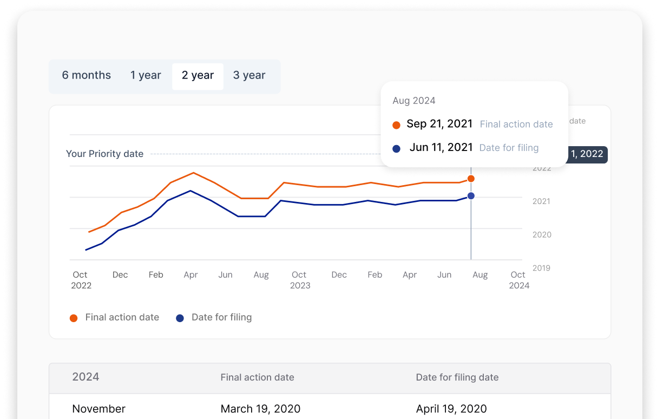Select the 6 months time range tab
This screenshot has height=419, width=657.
(87, 76)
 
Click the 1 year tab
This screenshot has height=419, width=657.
(146, 76)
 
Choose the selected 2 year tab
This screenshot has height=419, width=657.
(198, 76)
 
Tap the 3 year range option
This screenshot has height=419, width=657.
(249, 76)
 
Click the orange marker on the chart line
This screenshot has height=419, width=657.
(471, 179)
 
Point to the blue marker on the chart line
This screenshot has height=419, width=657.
(471, 196)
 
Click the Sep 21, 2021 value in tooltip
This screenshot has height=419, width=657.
(439, 124)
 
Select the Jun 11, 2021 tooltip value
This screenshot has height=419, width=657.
(441, 147)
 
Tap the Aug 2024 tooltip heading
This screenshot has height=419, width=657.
(414, 101)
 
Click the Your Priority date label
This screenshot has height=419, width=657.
(104, 154)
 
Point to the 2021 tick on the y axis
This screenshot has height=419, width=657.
(541, 201)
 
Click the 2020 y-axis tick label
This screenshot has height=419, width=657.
(541, 235)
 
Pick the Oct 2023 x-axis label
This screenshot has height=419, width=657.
(299, 280)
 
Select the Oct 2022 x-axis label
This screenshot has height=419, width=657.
(81, 280)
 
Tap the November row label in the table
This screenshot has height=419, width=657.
(99, 409)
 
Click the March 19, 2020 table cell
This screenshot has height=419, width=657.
(260, 409)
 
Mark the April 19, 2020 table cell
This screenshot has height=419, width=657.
(451, 409)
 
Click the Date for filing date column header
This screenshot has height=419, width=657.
(457, 378)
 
